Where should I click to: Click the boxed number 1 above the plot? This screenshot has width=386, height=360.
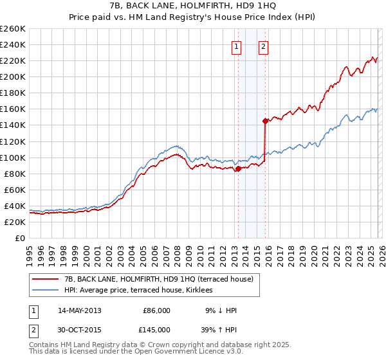[237, 46]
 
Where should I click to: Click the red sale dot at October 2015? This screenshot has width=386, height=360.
[265, 121]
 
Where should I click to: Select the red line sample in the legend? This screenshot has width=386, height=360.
[46, 278]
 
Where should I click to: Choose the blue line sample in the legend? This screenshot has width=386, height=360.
[46, 289]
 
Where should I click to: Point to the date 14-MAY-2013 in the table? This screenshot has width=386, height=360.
[79, 310]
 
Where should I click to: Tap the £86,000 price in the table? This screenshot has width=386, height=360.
[156, 310]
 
